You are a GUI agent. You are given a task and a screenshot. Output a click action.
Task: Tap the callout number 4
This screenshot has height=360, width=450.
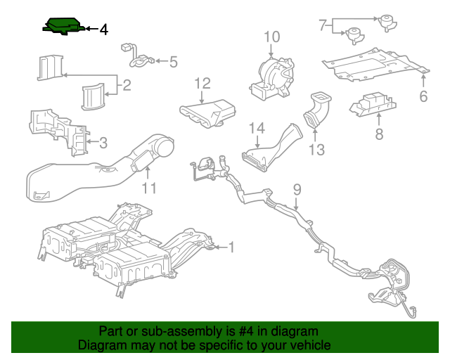[x=103, y=30]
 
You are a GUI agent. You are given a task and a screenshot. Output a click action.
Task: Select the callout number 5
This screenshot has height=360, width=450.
[x=173, y=62]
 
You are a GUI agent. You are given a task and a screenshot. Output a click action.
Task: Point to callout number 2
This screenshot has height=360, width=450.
[x=127, y=86]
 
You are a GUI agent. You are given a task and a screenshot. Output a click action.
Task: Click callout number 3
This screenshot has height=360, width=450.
[x=103, y=143]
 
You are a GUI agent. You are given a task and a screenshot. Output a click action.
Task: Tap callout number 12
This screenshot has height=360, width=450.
[x=202, y=84]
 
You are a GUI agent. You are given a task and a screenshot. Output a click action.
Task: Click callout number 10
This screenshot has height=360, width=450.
[x=272, y=37]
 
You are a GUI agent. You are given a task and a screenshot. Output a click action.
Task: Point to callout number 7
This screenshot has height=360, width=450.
[x=323, y=26]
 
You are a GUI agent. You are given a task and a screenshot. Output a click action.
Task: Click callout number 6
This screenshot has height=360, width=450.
[x=423, y=97]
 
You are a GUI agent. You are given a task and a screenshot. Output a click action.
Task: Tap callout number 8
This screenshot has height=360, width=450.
[x=379, y=134]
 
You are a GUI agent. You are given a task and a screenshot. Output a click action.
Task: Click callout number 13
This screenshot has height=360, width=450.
[x=317, y=149]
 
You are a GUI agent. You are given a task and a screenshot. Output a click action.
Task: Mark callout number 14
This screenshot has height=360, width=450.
[x=257, y=128]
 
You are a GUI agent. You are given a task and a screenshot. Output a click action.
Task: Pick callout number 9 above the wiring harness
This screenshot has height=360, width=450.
[x=297, y=188]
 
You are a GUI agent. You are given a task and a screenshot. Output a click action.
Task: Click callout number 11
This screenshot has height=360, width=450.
[x=148, y=188]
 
